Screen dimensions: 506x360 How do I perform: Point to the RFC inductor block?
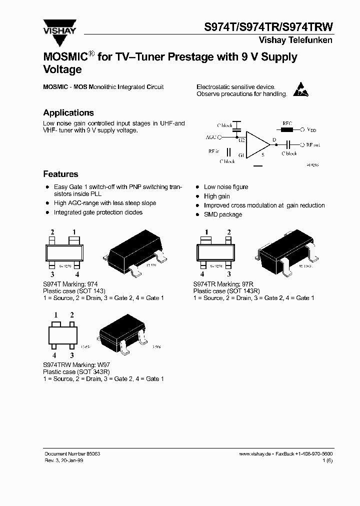[x=287, y=129]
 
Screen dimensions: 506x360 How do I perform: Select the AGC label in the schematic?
[x=211, y=136]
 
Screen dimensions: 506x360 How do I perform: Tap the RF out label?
[x=313, y=144]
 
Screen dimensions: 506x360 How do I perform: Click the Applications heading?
[x=68, y=112]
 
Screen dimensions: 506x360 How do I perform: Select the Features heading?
[x=60, y=174]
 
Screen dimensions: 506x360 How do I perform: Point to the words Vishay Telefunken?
[x=295, y=40]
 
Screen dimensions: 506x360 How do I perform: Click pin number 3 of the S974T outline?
[x=51, y=274]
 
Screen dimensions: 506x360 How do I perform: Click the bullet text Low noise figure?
[x=226, y=187]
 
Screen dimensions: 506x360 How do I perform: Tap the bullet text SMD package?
[x=223, y=214]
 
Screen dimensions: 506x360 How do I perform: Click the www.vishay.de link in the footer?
[x=255, y=453]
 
